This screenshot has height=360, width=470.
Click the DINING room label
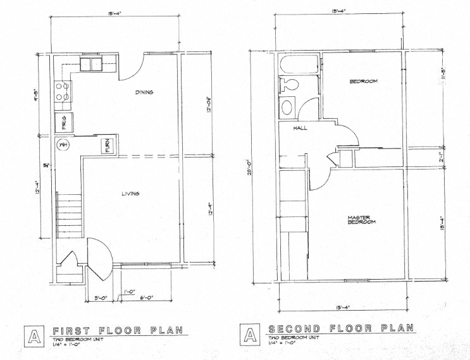click(145, 92)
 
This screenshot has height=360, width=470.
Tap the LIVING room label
click(130, 194)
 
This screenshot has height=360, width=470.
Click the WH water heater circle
click(63, 146)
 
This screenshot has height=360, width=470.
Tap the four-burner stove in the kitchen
click(63, 92)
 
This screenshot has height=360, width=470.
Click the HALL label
click(300, 128)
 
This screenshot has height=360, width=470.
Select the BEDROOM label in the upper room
click(364, 82)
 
